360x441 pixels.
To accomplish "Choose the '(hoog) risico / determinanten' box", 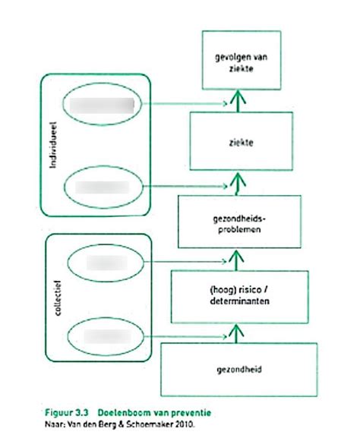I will click(239, 295).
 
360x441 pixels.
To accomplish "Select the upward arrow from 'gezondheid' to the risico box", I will click(238, 331).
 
